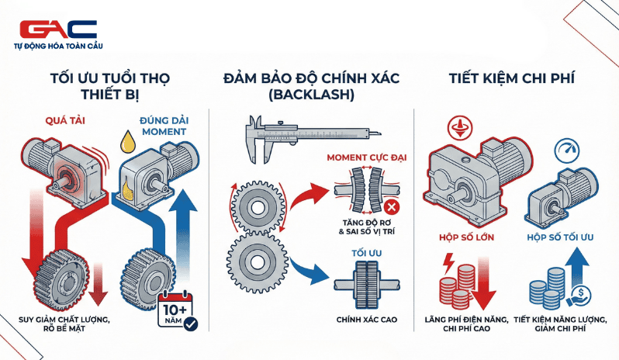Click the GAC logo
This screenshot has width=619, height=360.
58,29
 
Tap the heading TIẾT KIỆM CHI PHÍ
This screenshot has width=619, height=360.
514,79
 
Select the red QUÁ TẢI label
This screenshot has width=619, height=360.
57,122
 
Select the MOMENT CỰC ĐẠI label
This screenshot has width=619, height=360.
364,158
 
